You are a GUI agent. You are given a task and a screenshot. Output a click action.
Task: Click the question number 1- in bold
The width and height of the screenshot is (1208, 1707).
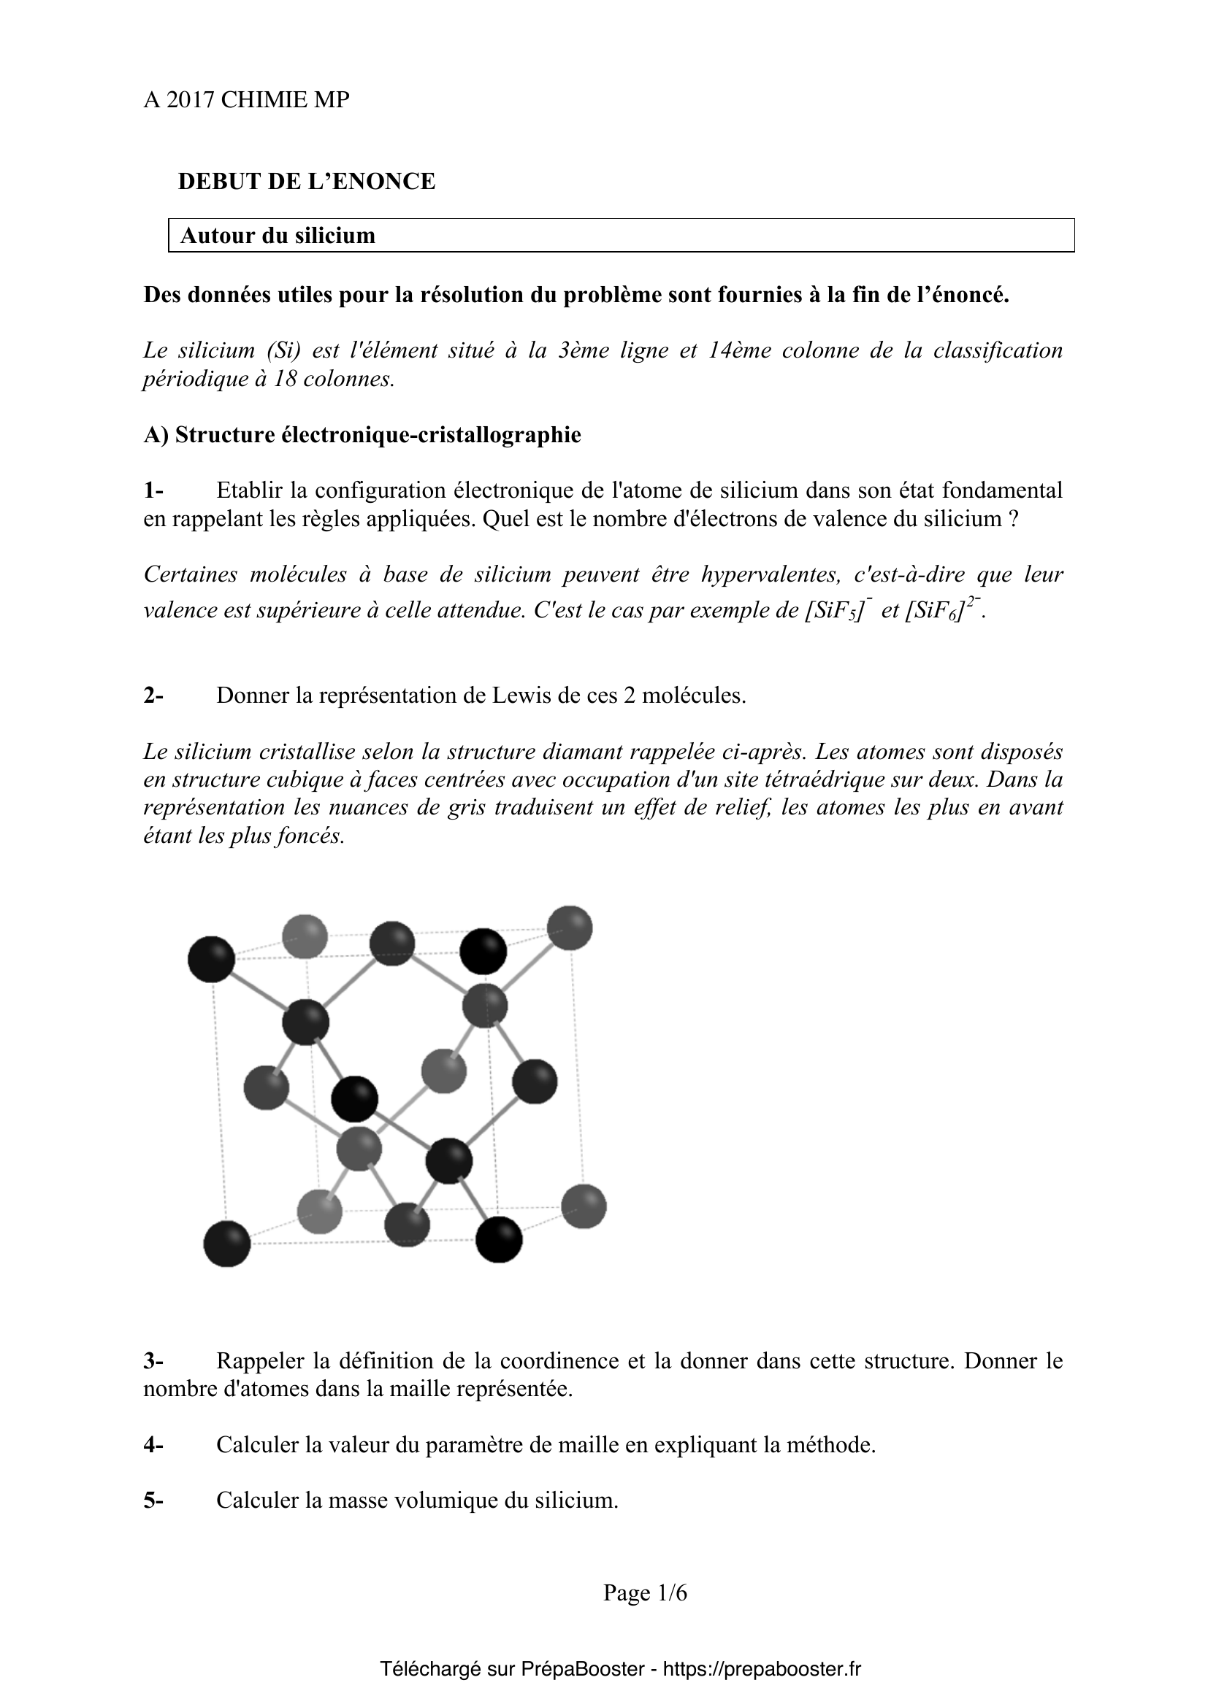[153, 490]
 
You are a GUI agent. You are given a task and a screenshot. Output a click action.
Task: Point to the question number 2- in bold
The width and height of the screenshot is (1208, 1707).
[153, 696]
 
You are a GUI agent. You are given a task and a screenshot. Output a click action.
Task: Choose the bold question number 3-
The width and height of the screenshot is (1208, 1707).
[153, 1361]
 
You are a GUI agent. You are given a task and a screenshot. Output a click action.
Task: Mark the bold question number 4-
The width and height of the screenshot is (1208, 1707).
[153, 1445]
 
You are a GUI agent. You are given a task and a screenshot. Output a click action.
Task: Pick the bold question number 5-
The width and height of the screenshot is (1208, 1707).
[153, 1500]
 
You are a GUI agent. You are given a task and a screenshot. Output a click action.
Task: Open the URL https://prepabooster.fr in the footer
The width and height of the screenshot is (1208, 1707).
[761, 1669]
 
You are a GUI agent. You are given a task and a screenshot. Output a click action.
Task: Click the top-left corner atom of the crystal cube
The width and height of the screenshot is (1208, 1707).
[211, 959]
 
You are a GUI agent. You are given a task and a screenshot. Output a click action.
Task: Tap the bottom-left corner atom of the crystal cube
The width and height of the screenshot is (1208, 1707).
[227, 1244]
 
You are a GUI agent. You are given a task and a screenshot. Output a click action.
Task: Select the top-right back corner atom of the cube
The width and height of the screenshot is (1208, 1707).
[570, 928]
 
